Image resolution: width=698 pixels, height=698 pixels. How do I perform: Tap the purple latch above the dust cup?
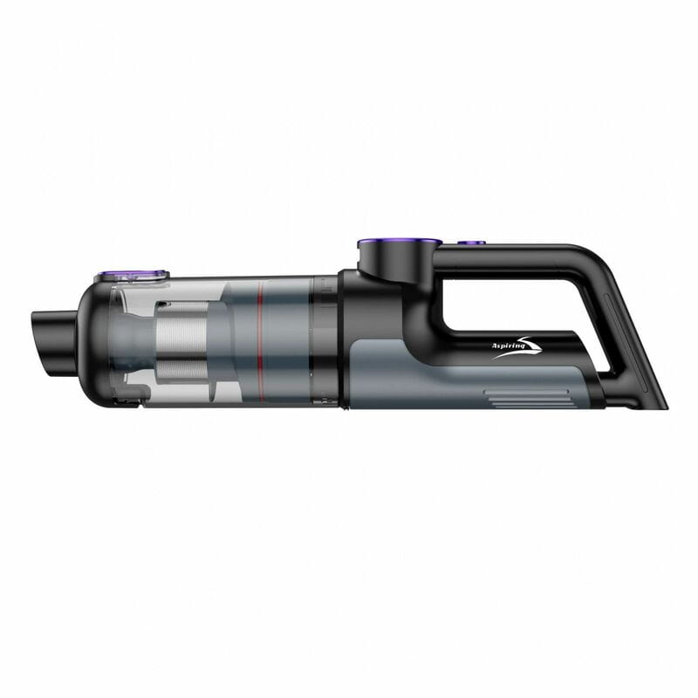132,275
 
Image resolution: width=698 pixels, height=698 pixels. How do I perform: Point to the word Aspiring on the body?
506,346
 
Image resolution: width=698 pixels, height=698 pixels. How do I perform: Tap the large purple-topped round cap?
400,243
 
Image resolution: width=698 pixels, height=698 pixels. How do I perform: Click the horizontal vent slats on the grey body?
526,399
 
